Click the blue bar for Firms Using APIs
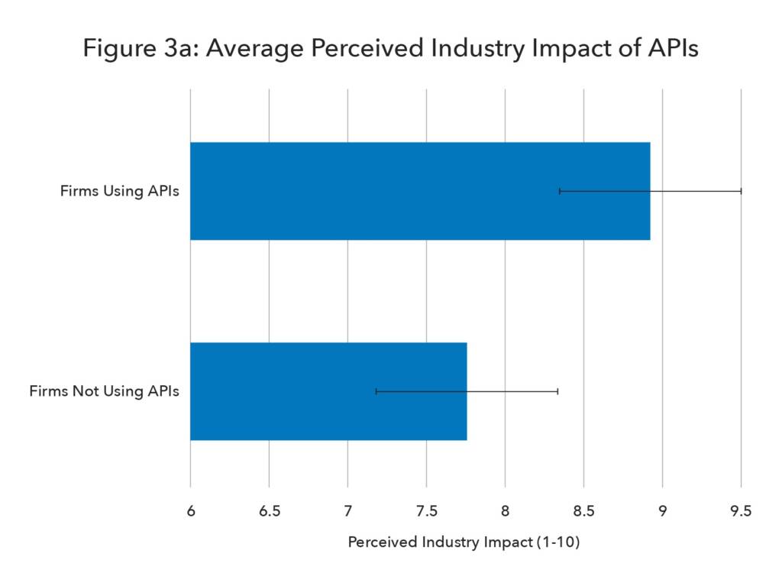click(x=420, y=191)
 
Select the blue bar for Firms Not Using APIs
click(x=328, y=391)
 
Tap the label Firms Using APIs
click(x=120, y=191)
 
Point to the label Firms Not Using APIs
click(x=105, y=391)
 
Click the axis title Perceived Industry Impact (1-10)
click(x=464, y=542)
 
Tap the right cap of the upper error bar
click(x=741, y=191)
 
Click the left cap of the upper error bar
click(x=560, y=191)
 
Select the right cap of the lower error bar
click(x=557, y=391)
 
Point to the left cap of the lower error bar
click(x=376, y=391)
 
